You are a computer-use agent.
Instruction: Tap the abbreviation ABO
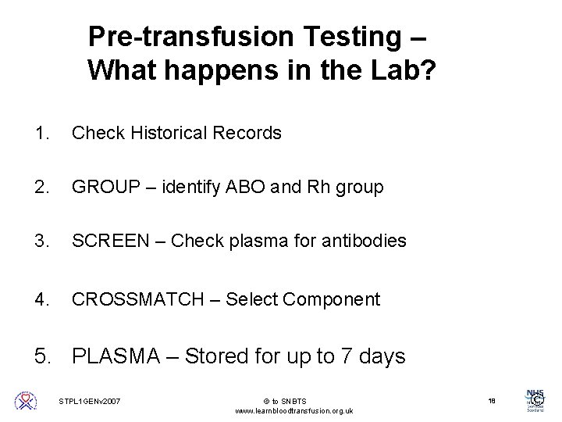[x=244, y=188]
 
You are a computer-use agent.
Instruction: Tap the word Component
[x=334, y=299]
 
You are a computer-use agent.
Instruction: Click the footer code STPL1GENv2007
[x=91, y=401]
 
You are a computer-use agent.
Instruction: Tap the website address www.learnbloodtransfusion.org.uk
[x=293, y=410]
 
